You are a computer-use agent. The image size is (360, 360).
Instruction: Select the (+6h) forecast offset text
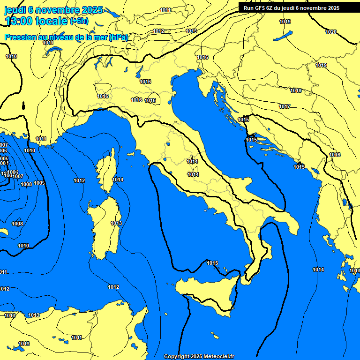[79, 21]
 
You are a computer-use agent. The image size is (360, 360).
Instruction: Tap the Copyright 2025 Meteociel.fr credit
[199, 356]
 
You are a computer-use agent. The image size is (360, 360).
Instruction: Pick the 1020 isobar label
[331, 32]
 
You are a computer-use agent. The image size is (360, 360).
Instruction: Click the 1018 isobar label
[296, 90]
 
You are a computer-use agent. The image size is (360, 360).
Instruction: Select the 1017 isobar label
[285, 106]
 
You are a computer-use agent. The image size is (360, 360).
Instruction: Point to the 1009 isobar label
[40, 183]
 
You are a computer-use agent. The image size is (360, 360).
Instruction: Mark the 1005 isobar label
[4, 159]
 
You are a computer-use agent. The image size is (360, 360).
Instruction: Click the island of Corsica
[107, 171]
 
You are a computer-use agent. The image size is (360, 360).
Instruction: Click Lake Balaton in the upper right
[283, 36]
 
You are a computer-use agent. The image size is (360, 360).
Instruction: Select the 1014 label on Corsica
[118, 180]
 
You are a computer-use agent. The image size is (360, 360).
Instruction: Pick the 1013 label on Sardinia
[116, 223]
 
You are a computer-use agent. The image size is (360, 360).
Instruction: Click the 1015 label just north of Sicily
[212, 263]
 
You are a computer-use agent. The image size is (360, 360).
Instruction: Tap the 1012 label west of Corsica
[79, 180]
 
